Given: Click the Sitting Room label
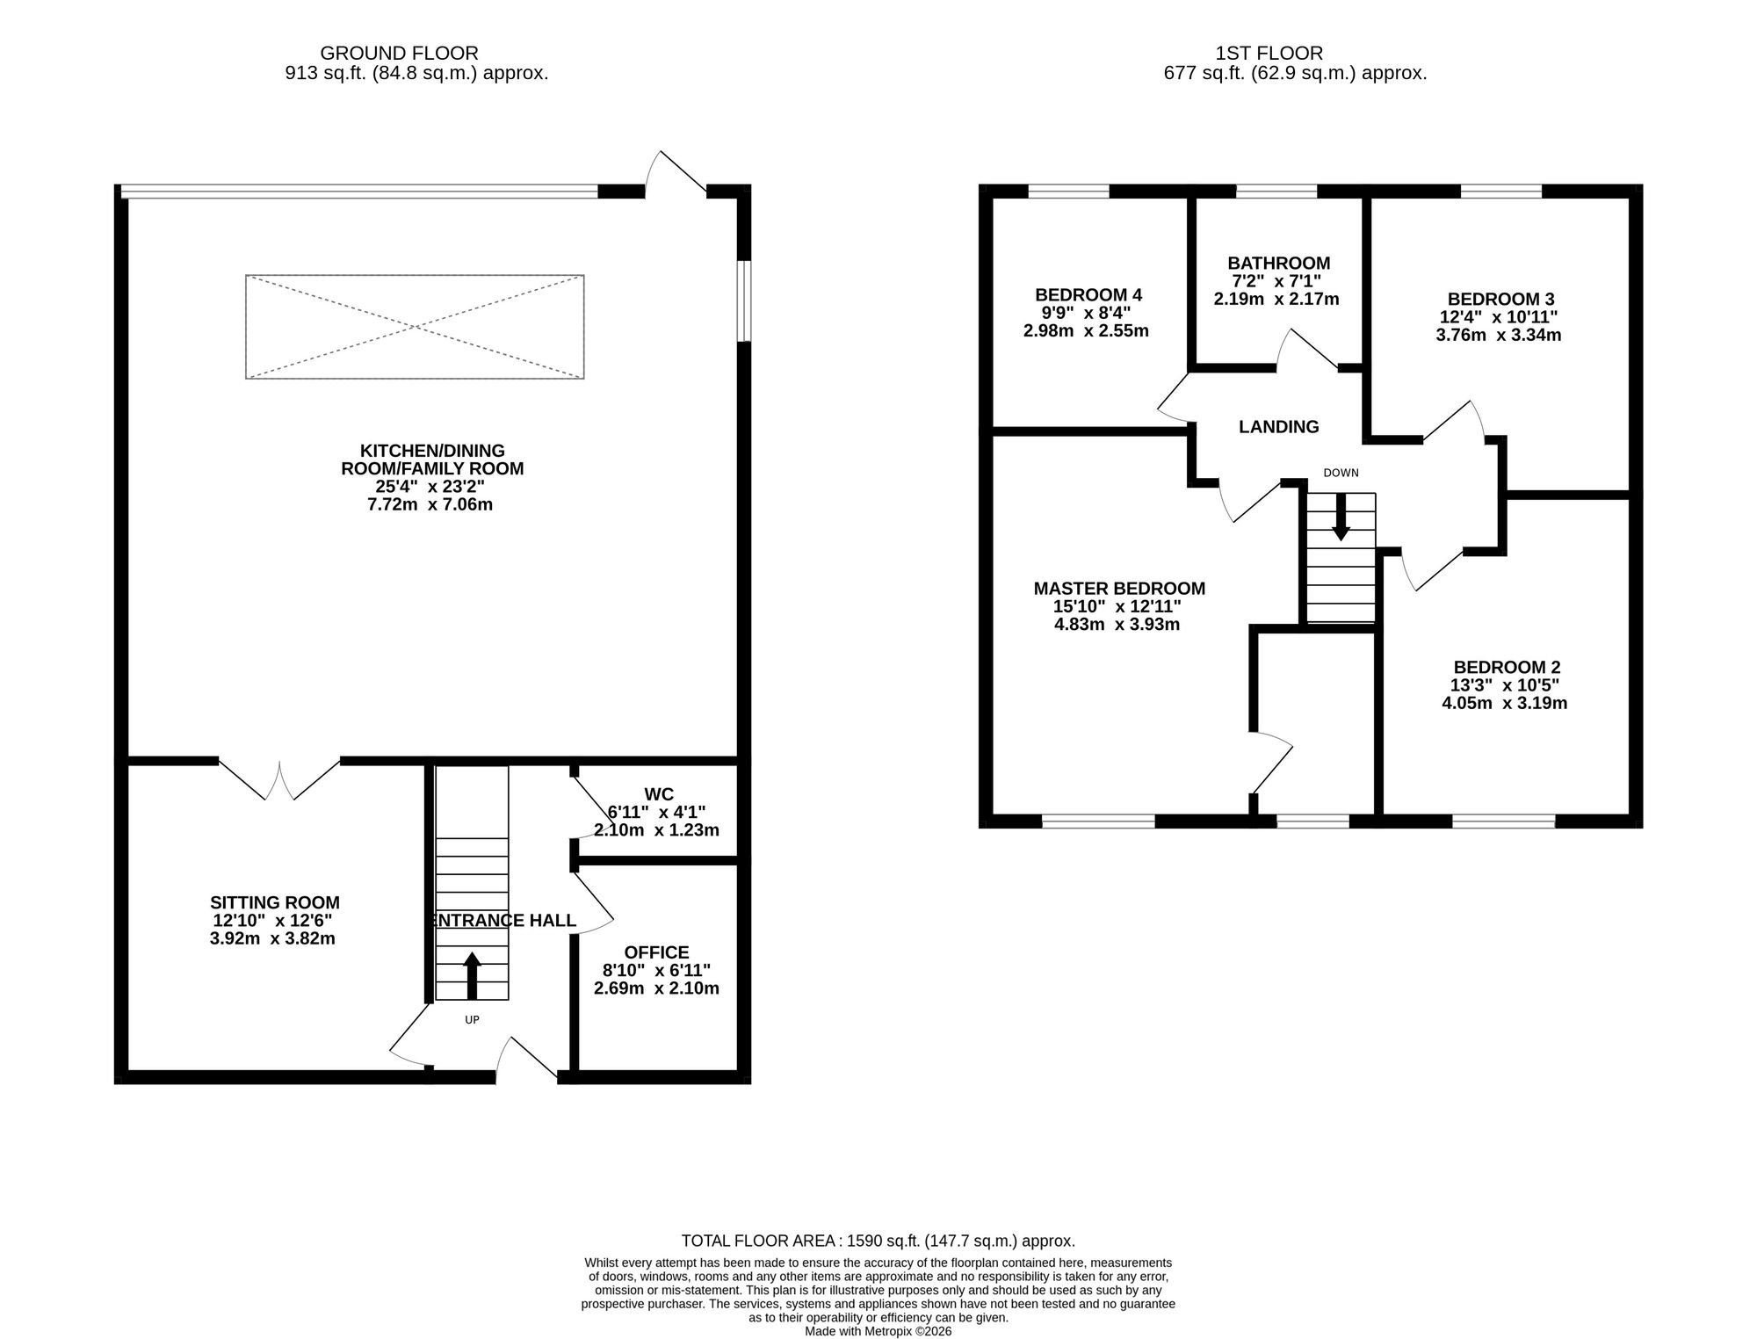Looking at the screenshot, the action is tap(274, 902).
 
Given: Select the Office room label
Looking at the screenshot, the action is tap(656, 952).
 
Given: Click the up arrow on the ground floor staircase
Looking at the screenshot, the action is tap(473, 975).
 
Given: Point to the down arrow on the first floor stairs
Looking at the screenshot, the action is tap(1341, 516).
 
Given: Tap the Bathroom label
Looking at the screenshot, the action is tap(1279, 263).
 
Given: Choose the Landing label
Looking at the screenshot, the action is tap(1279, 427).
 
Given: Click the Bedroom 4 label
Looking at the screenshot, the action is tap(1088, 294).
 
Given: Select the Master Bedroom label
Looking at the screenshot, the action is tap(1119, 589).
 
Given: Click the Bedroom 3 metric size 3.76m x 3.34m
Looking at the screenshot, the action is tap(1499, 335).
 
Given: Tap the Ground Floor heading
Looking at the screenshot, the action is tap(400, 54).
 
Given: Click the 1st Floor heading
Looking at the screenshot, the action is tap(1269, 54).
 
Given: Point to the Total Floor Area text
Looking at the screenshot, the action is tap(878, 1241).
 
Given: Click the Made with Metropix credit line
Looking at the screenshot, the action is tap(878, 1331).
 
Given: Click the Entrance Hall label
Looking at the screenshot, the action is tap(503, 920).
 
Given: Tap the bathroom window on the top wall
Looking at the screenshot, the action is tap(1276, 191).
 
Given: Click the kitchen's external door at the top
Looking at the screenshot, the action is tap(676, 172).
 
